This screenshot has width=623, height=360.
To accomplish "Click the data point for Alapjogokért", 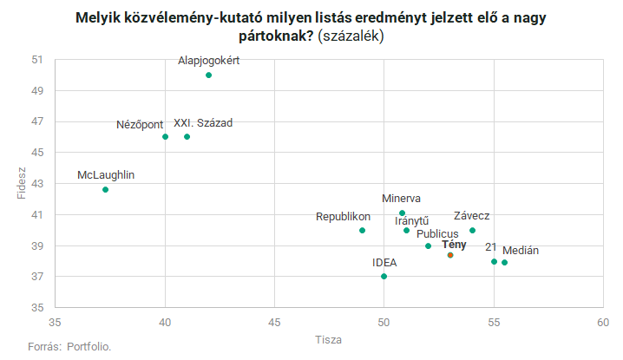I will pyautogui.click(x=209, y=75).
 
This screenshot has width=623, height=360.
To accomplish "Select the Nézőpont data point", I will pyautogui.click(x=165, y=137).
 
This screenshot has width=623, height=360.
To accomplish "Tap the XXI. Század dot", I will pyautogui.click(x=187, y=137).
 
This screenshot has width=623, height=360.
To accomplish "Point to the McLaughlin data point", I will pyautogui.click(x=106, y=190).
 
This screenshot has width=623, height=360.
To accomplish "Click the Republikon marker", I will pyautogui.click(x=363, y=231).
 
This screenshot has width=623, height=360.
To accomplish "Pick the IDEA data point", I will pyautogui.click(x=384, y=277).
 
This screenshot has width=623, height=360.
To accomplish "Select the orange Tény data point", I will pyautogui.click(x=450, y=255).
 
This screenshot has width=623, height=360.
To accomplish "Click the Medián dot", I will pyautogui.click(x=505, y=263).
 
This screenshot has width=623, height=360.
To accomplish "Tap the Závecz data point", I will pyautogui.click(x=472, y=231).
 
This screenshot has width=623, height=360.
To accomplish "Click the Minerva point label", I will pyautogui.click(x=402, y=199).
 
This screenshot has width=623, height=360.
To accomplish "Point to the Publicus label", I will pyautogui.click(x=437, y=234).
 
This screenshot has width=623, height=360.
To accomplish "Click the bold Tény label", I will pyautogui.click(x=454, y=245).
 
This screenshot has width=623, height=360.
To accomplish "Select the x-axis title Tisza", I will pyautogui.click(x=329, y=339).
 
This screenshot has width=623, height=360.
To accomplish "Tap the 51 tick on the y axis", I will pyautogui.click(x=36, y=60).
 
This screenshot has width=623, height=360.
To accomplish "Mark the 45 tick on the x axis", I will pyautogui.click(x=275, y=322).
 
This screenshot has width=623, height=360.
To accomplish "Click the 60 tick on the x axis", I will pyautogui.click(x=603, y=322).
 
